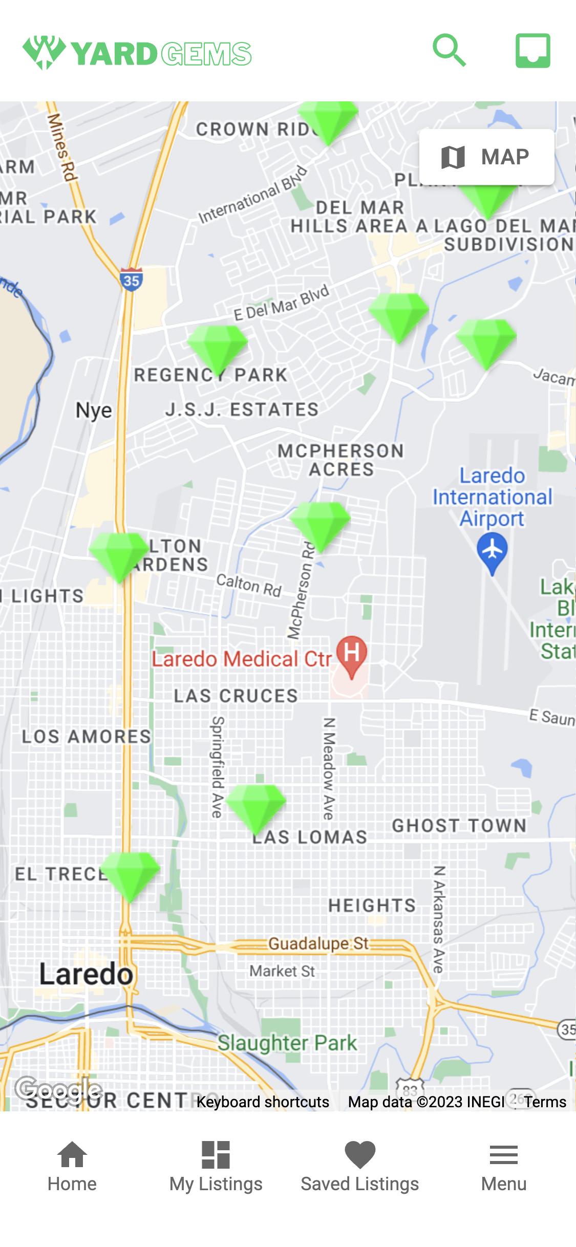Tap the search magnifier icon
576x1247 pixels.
point(449,51)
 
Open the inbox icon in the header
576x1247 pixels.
point(532,51)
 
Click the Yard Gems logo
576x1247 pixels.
point(137,53)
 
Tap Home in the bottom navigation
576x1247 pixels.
point(72,1166)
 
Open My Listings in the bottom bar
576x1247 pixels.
point(216,1166)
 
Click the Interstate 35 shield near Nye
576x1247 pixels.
point(132,280)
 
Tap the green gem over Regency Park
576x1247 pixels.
point(217,346)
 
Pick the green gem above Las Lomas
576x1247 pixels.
point(255,805)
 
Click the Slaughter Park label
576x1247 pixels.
point(287,1042)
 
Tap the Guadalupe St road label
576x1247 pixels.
point(318,943)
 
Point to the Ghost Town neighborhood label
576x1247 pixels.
point(459,825)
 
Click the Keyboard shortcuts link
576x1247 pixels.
point(263,1102)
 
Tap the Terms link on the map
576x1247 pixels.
point(545,1102)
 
